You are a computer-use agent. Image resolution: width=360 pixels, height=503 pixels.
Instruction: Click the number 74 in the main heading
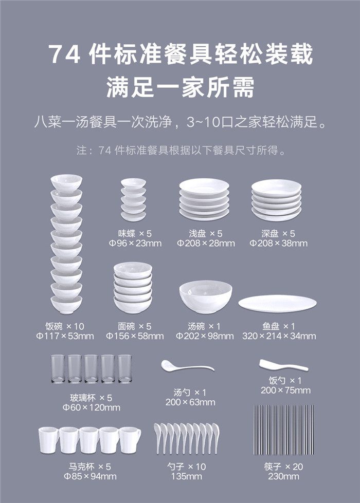64,54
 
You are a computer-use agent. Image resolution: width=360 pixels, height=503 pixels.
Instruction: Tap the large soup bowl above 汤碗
206,297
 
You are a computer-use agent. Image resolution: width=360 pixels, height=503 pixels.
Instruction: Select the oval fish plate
278,304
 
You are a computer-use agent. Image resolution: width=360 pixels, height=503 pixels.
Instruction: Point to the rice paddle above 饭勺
283,365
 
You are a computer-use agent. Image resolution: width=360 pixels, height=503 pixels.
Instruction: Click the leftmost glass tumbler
58,368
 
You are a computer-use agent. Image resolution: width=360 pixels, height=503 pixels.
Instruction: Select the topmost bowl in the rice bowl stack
66,183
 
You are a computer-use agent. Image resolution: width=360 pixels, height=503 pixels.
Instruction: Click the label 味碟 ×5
134,233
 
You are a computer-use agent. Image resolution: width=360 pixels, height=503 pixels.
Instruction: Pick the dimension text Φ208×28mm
206,243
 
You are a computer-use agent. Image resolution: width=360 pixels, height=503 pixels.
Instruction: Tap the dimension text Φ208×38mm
278,243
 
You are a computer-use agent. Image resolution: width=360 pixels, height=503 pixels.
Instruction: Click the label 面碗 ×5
134,326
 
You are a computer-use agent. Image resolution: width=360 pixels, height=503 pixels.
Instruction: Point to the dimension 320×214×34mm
279,336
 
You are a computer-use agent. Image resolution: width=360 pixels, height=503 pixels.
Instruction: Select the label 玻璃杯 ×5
91,398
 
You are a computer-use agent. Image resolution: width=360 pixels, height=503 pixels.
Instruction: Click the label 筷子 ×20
283,467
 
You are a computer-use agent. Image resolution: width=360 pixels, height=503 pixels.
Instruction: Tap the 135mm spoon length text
186,476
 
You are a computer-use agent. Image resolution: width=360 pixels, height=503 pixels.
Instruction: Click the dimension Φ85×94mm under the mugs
90,476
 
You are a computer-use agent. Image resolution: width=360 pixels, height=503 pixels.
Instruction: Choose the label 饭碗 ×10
65,326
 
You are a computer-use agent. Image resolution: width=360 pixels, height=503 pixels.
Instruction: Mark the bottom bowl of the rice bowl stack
66,305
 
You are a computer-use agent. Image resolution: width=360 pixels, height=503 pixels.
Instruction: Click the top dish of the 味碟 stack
133,183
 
